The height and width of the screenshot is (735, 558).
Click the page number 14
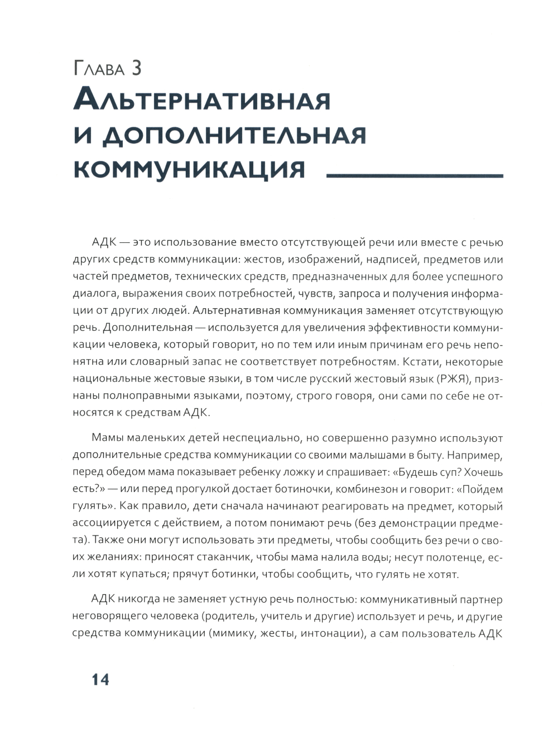(x=93, y=680)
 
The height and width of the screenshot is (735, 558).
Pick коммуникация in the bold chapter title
(x=190, y=169)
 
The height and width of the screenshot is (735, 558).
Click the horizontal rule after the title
(x=414, y=175)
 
